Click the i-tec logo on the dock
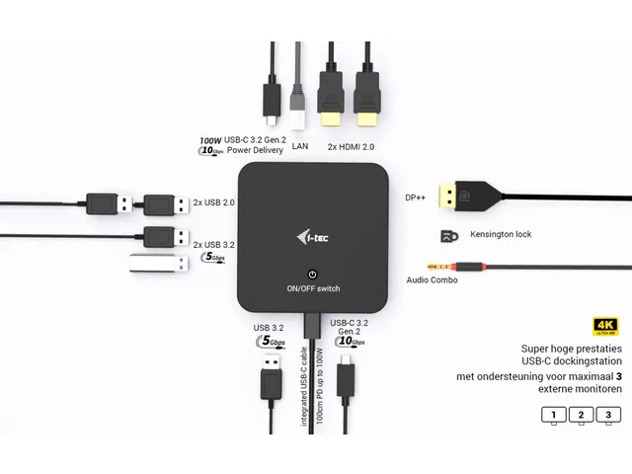[312, 235]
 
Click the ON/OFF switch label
[312, 288]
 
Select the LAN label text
[301, 146]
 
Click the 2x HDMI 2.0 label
[351, 146]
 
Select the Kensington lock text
[497, 236]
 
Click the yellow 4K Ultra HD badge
[605, 327]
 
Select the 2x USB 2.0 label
[214, 203]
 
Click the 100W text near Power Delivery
[210, 141]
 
